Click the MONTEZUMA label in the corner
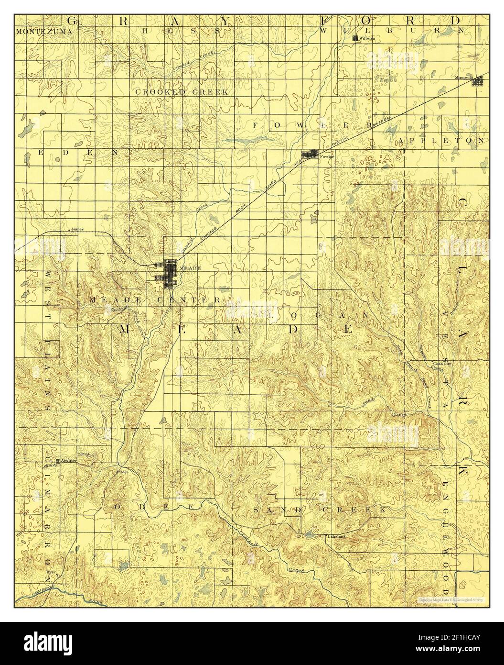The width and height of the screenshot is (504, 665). point(44,32)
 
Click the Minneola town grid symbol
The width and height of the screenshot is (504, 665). point(477,82)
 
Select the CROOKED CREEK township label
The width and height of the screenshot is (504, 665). point(182,92)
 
